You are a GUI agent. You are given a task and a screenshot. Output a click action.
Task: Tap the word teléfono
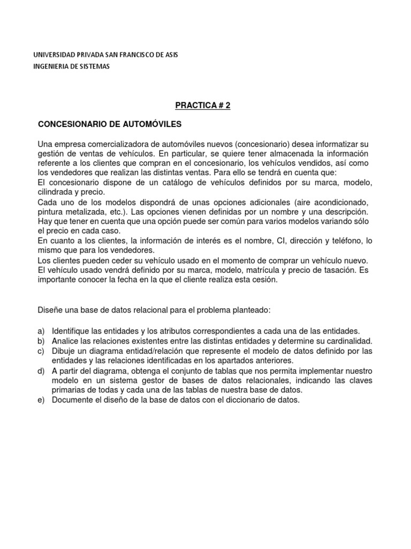(338, 241)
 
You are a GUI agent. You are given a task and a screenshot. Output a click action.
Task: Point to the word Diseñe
(51, 310)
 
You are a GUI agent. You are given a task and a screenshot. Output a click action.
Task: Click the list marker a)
(41, 331)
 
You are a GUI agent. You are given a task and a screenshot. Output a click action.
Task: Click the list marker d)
(41, 371)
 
